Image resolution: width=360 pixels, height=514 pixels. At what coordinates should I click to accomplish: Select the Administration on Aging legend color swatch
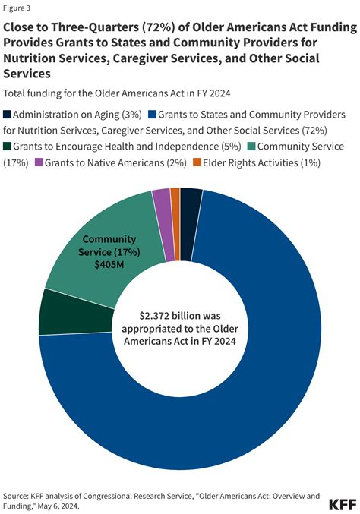8,115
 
